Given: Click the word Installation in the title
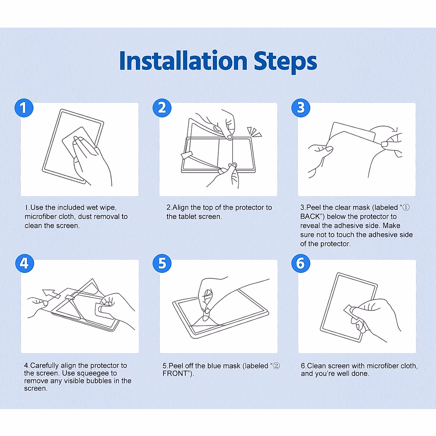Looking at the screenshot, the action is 183,61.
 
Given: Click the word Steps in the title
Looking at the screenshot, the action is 285,62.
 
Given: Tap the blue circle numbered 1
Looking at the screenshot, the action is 24,108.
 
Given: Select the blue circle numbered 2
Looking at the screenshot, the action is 162,108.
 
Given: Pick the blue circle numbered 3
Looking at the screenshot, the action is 301,108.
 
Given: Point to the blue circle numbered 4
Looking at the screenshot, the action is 25,263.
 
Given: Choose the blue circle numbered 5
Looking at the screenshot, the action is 162,263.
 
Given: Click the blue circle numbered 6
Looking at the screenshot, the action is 301,263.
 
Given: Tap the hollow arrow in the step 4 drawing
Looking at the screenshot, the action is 52,294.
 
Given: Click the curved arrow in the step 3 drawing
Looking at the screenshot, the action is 385,128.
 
